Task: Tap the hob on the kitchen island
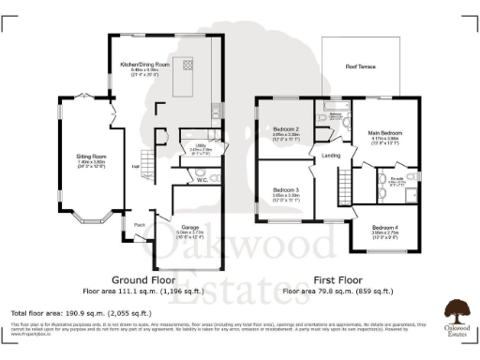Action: click(188, 65)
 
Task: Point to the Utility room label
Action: click(201, 145)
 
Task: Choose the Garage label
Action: click(183, 222)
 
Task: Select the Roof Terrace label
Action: click(360, 67)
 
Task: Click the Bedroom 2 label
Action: click(286, 128)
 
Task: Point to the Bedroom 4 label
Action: click(384, 227)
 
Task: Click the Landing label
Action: click(330, 156)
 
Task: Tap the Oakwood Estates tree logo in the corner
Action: click(457, 310)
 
